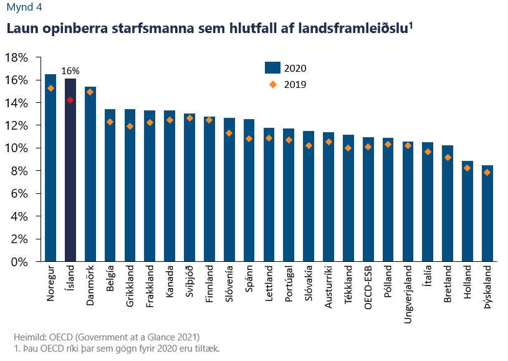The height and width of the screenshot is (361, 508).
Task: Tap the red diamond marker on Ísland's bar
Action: pyautogui.click(x=70, y=100)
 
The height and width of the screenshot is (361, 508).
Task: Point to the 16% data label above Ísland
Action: pyautogui.click(x=70, y=71)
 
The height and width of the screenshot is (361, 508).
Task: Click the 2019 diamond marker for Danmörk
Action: pyautogui.click(x=90, y=92)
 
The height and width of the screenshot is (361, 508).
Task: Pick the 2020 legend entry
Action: pyautogui.click(x=285, y=68)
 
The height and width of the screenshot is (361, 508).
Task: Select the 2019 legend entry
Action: pyautogui.click(x=285, y=84)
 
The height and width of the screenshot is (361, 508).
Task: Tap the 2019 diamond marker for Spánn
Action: pyautogui.click(x=249, y=138)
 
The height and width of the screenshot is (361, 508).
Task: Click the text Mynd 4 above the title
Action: pyautogui.click(x=20, y=8)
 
